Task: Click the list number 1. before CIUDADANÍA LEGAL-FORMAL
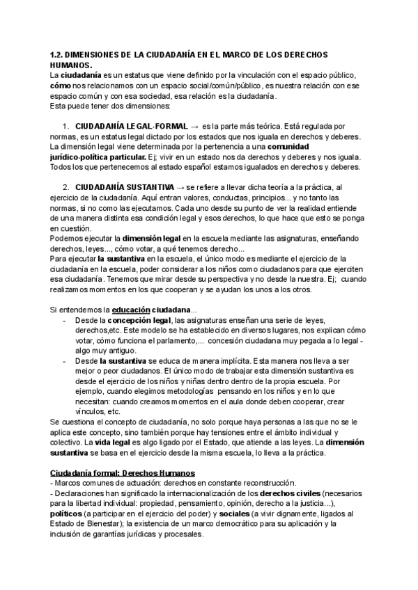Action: [65, 126]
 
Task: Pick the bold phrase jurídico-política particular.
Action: [96, 157]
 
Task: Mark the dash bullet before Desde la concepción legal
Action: [65, 319]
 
